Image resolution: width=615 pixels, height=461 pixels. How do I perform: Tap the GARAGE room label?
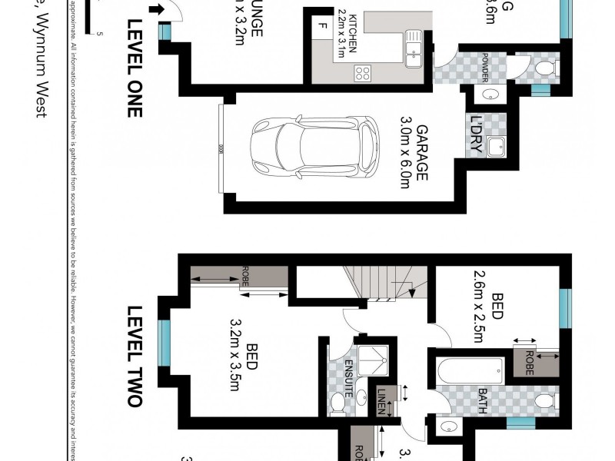pos(421,150)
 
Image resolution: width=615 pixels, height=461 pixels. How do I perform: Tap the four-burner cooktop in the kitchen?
pos(362,74)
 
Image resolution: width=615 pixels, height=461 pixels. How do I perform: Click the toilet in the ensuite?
pos(336,401)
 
